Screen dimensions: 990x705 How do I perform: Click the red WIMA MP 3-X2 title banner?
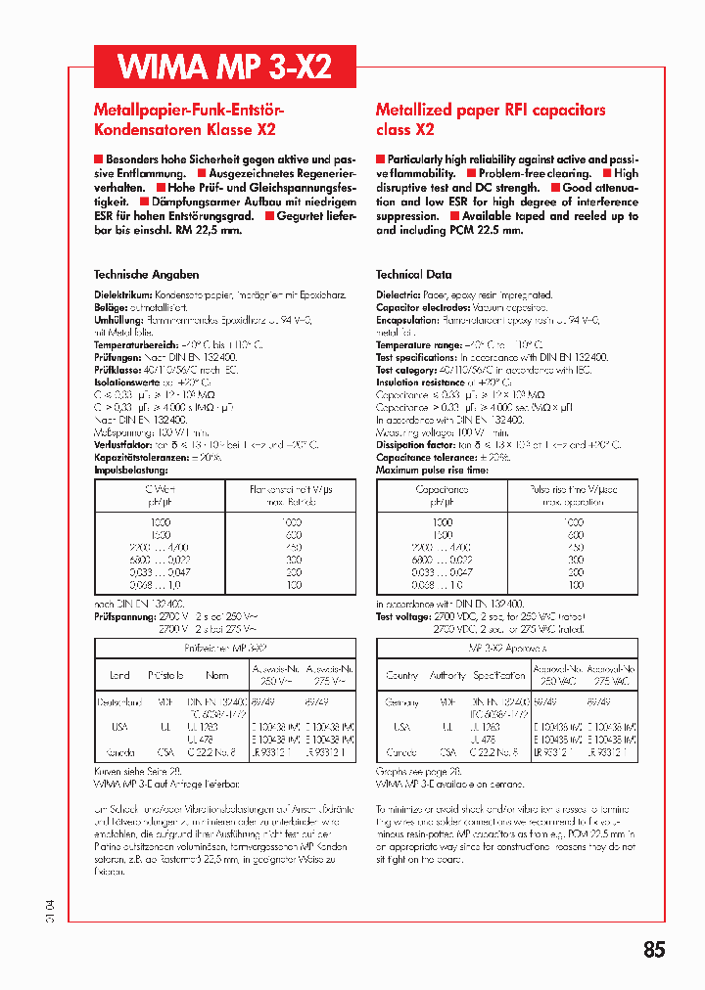click(x=224, y=67)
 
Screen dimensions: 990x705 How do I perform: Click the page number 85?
click(x=654, y=949)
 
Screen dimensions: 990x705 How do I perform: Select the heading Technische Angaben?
click(x=146, y=275)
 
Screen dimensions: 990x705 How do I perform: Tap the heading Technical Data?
click(x=413, y=275)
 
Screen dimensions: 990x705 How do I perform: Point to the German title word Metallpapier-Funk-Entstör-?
click(x=188, y=111)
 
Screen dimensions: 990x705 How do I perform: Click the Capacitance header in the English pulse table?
click(x=442, y=489)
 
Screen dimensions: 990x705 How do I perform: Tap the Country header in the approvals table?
click(x=402, y=675)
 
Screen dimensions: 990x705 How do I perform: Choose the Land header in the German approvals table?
click(x=119, y=675)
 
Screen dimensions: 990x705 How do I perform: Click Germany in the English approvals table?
click(x=402, y=702)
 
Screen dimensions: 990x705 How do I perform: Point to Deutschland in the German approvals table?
click(x=119, y=702)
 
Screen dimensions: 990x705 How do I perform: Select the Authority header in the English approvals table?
click(x=448, y=675)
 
